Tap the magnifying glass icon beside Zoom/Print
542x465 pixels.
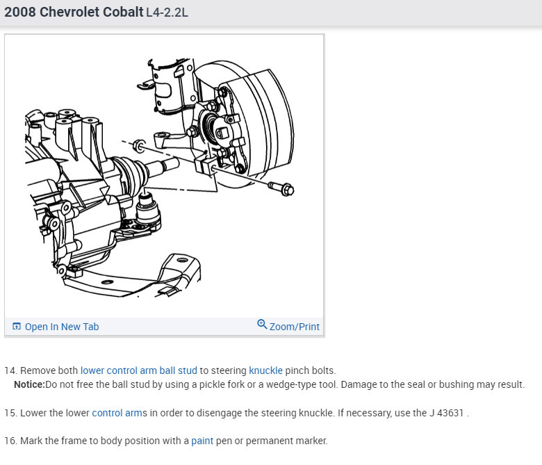[x=262, y=324]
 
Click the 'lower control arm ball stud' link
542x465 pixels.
[x=138, y=370]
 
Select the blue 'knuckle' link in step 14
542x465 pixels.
[x=265, y=370]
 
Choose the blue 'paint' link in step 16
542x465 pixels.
[x=202, y=441]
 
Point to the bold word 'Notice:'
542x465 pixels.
[x=29, y=384]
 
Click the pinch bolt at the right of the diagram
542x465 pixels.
[x=281, y=188]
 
